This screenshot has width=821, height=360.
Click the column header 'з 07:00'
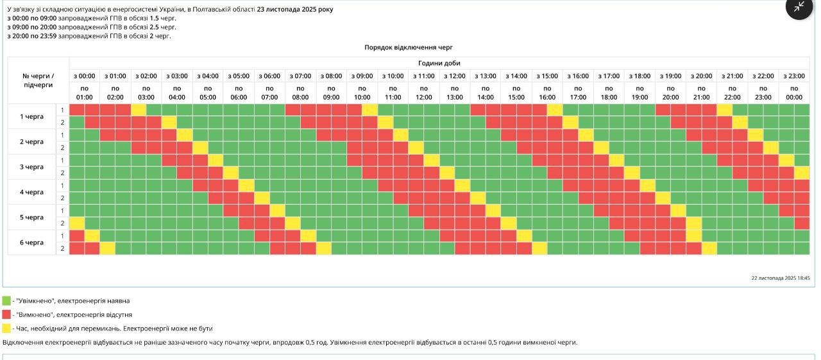tap(300, 76)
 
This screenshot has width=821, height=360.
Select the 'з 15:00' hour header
tap(547, 76)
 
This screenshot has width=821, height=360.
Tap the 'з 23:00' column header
tap(794, 76)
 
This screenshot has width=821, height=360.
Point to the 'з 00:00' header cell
tap(84, 76)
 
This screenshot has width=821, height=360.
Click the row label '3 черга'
tap(31, 167)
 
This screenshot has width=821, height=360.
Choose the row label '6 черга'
tap(31, 243)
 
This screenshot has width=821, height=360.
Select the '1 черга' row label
tap(31, 116)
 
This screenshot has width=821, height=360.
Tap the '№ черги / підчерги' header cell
tap(38, 80)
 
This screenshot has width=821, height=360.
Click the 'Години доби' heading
tap(439, 63)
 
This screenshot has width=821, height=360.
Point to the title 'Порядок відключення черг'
tap(409, 47)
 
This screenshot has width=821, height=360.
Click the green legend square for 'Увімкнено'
tap(6, 300)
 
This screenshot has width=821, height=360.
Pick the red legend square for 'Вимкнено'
tap(6, 314)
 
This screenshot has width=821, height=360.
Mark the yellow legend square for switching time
tap(6, 329)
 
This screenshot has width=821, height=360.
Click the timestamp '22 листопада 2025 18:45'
tap(781, 278)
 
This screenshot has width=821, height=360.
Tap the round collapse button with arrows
tap(799, 7)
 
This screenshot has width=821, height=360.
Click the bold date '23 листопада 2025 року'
tap(295, 10)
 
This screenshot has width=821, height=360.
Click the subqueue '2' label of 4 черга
tap(62, 198)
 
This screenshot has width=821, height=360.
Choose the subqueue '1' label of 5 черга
tap(62, 210)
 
